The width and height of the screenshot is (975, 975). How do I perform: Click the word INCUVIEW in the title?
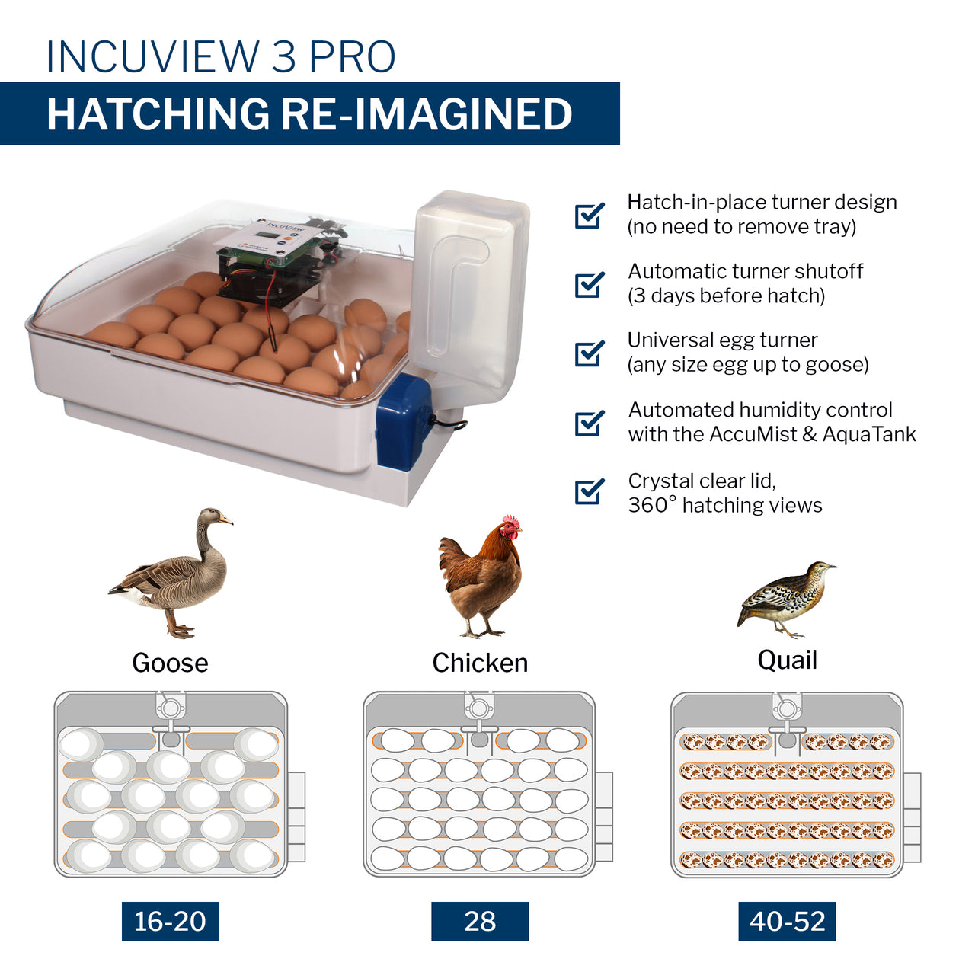(x=153, y=56)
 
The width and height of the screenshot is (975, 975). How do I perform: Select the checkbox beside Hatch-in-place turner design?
(x=589, y=215)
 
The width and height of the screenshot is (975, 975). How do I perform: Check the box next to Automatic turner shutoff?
(x=589, y=284)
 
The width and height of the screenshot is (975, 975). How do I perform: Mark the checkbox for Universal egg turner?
(x=589, y=353)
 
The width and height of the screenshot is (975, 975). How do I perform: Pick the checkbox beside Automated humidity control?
(x=589, y=423)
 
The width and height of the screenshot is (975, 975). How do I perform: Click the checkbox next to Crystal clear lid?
(x=589, y=491)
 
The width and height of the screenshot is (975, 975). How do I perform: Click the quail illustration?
(x=785, y=598)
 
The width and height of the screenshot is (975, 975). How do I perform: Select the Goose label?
(x=170, y=663)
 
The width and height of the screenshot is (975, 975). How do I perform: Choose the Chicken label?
(x=480, y=663)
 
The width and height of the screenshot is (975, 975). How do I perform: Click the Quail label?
(x=787, y=660)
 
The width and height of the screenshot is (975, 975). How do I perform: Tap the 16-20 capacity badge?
(x=170, y=921)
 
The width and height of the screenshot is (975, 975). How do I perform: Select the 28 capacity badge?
(x=480, y=921)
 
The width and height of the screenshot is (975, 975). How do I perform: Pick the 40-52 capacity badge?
(x=787, y=921)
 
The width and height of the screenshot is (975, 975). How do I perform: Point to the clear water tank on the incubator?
(x=470, y=289)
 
